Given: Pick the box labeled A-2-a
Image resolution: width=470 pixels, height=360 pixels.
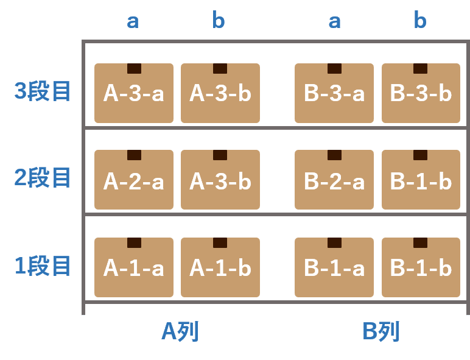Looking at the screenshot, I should tap(134, 180).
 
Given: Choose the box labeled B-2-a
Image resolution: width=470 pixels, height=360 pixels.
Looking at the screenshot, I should tap(334, 180).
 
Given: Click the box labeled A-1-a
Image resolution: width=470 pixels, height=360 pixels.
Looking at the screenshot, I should tap(134, 267).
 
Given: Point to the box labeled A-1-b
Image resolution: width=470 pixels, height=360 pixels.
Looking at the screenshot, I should tap(220, 267).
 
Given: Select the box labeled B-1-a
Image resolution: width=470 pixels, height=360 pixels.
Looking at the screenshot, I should tap(334, 267).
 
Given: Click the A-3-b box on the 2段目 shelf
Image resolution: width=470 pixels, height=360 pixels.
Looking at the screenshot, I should tap(220, 180).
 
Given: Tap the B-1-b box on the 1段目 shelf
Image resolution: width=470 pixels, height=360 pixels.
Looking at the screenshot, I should tap(421, 267).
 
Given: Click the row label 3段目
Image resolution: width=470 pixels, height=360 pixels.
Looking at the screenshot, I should tap(43, 91).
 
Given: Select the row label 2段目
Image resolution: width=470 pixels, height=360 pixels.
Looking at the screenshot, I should tap(43, 178).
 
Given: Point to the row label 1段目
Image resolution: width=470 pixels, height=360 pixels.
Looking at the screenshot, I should tap(43, 266).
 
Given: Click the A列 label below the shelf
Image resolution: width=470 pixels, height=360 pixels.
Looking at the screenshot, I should tap(180, 332).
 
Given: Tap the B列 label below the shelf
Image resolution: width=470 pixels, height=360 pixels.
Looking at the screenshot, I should tap(381, 332).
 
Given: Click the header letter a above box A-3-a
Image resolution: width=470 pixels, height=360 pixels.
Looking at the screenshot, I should tap(133, 21).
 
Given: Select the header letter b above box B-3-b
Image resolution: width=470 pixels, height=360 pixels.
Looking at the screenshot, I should tap(420, 21).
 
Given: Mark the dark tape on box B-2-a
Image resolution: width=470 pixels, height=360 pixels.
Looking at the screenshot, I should tap(334, 155).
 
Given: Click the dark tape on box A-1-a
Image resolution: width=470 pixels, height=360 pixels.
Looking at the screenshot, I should tap(134, 242).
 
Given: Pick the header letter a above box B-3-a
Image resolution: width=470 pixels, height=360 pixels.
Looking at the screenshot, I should tap(334, 21).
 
